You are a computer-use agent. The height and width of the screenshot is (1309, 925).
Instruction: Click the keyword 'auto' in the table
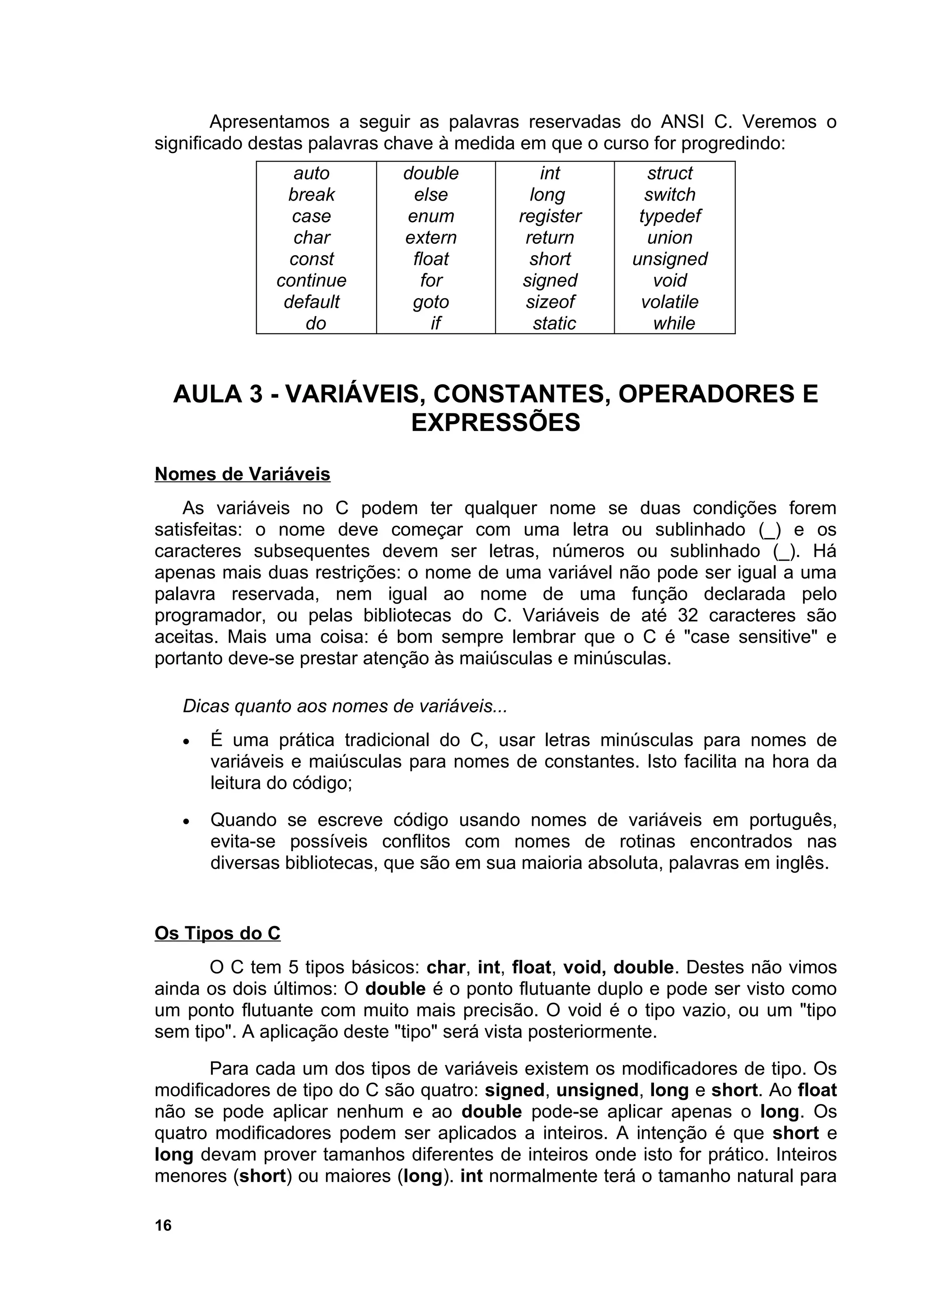click(311, 173)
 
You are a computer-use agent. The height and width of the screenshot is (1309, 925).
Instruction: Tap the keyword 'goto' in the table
click(431, 302)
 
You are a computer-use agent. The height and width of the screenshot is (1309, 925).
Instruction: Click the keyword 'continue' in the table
click(311, 280)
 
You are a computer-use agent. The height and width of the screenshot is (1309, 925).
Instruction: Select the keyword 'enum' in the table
click(431, 216)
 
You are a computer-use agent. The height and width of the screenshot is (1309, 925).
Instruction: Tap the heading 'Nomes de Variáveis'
click(242, 474)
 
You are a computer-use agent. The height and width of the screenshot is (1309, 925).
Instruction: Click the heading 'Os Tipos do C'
click(217, 933)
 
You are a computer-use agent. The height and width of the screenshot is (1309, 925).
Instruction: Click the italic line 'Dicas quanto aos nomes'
click(344, 706)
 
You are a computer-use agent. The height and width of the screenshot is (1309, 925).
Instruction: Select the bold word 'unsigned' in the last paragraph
click(597, 1090)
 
